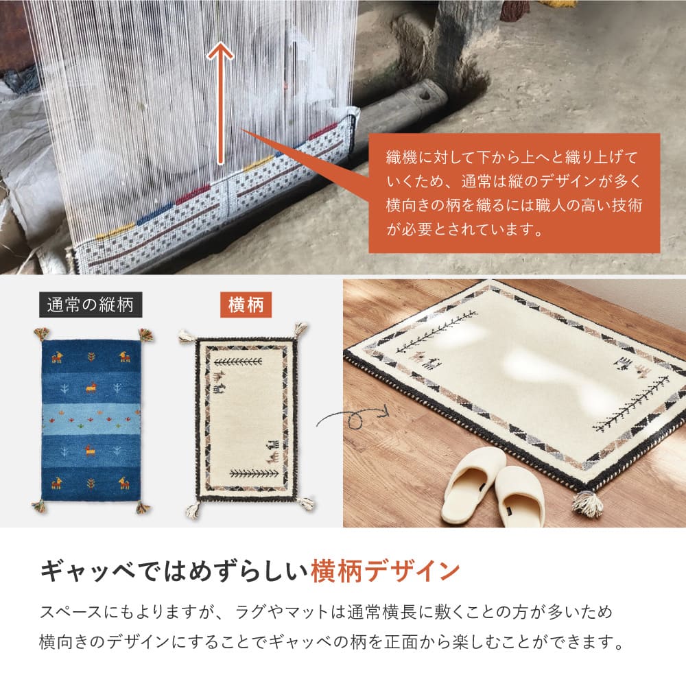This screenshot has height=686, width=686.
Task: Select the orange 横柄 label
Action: click(x=245, y=305)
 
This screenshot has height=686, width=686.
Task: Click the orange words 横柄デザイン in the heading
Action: click(x=384, y=570)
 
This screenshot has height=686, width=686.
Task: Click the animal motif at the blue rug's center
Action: click(x=90, y=388)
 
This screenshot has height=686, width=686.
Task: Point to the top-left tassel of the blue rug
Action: click(x=42, y=333)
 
